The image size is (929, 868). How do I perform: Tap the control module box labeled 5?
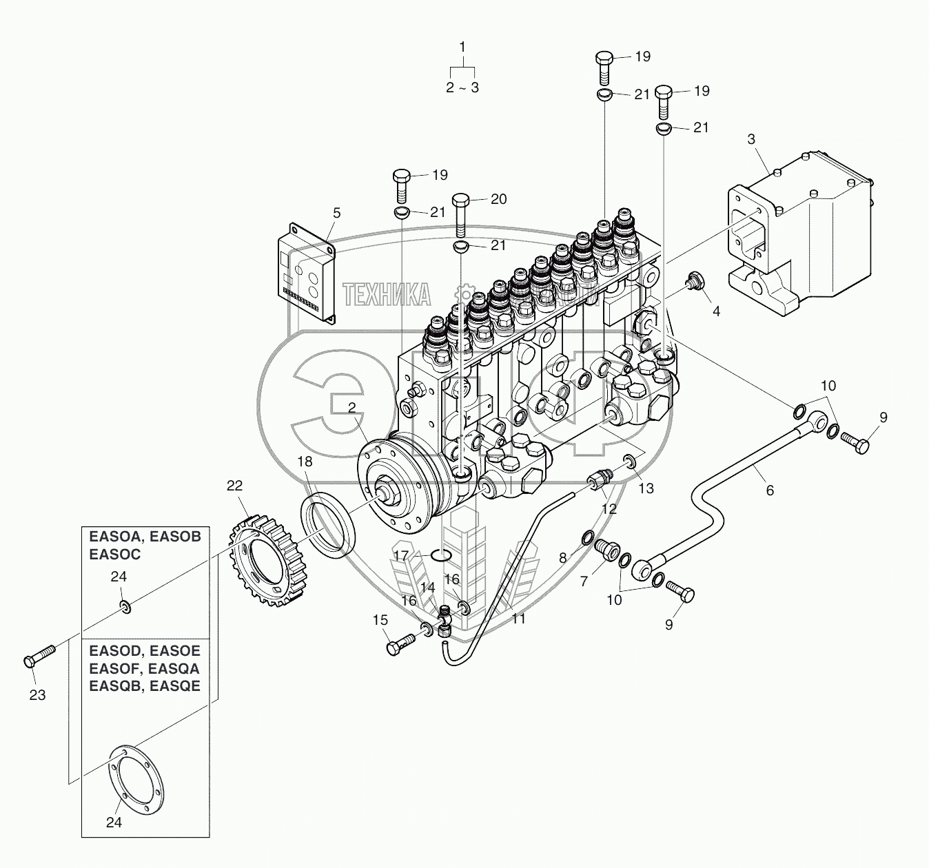(x=307, y=273)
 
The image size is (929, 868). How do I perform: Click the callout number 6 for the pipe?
(x=770, y=490)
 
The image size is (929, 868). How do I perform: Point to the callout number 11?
(x=518, y=619)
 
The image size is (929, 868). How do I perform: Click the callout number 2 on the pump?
(x=351, y=408)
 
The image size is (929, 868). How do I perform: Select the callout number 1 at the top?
(x=462, y=47)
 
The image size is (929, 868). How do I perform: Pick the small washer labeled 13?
(x=629, y=460)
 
